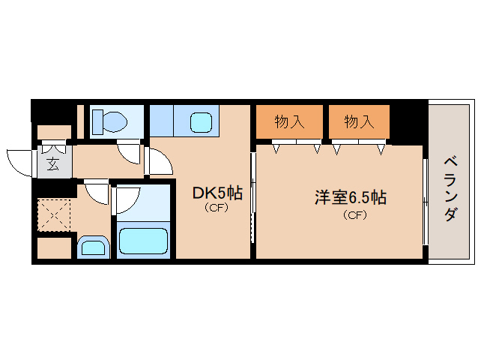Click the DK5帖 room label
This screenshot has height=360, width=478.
(218, 193)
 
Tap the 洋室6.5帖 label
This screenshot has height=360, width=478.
(351, 198)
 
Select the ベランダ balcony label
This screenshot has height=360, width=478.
(450, 189)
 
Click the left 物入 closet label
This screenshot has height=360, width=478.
(289, 121)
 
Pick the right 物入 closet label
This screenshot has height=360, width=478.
(359, 121)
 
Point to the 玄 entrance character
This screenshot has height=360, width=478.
(53, 164)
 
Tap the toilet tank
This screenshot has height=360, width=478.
(98, 121)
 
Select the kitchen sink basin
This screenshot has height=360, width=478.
(202, 122)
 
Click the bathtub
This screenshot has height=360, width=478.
(143, 241)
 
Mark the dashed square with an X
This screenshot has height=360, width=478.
(54, 215)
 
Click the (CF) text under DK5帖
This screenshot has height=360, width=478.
(217, 208)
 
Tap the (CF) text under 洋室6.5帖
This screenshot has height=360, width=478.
(355, 215)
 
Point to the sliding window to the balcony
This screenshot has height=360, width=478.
(426, 201)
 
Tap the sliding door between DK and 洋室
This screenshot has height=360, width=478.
(252, 198)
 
